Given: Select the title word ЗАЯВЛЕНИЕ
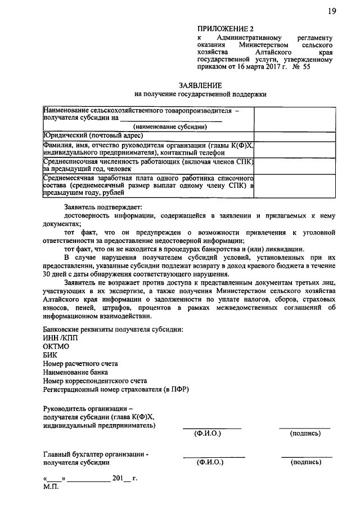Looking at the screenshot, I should tap(200, 84).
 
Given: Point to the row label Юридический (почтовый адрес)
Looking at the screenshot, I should tap(93, 136).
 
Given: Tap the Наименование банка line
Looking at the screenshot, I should tap(76, 372).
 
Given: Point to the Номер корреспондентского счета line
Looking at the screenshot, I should tap(95, 380).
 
